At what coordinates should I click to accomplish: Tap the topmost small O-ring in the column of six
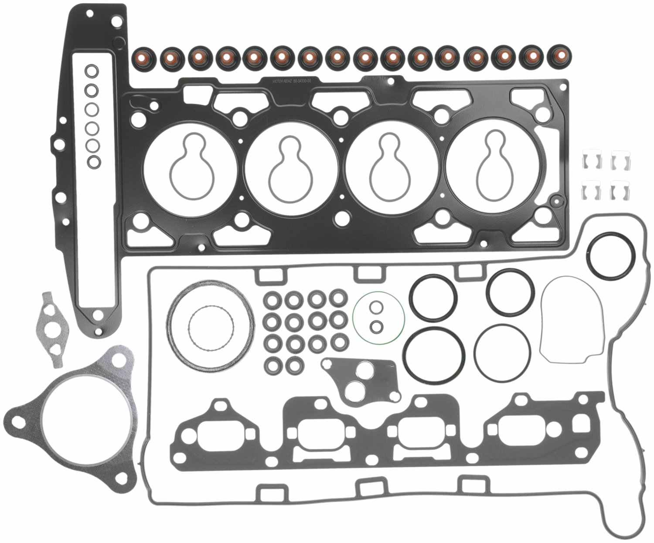click(92, 70)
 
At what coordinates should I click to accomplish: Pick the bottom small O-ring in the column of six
click(93, 162)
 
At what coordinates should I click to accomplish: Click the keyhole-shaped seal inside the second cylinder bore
click(291, 168)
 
